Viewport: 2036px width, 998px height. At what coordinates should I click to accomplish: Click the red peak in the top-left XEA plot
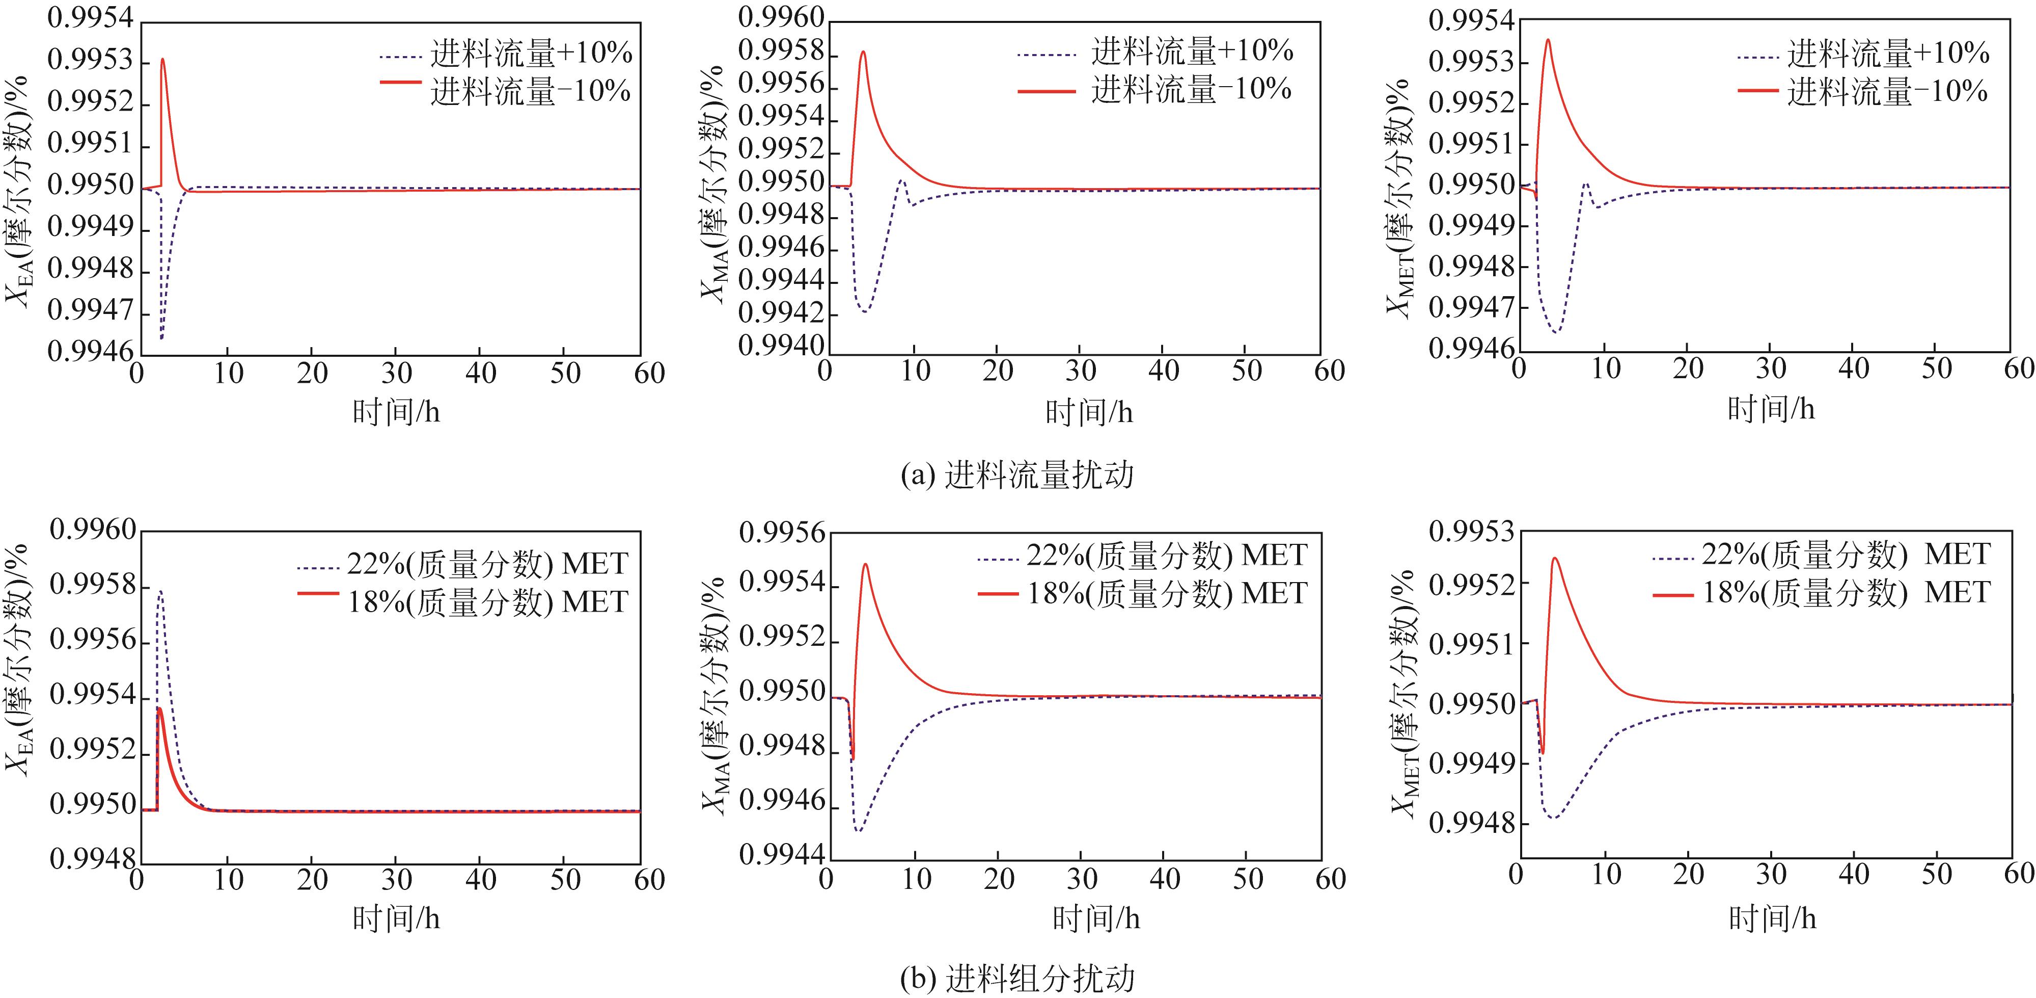[x=162, y=59]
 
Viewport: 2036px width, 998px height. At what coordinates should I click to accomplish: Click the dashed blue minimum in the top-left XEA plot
[x=161, y=338]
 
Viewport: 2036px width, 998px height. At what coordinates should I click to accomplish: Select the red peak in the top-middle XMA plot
[x=863, y=52]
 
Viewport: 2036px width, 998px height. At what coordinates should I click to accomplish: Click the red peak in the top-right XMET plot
[x=1548, y=40]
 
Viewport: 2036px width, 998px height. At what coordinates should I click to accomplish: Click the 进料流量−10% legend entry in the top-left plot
[x=530, y=91]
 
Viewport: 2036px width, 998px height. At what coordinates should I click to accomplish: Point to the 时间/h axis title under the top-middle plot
[x=1089, y=412]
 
